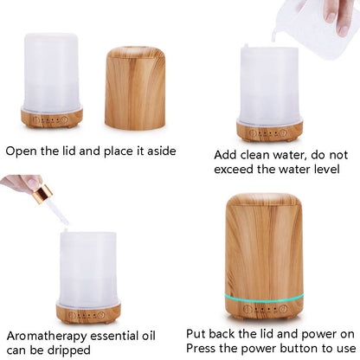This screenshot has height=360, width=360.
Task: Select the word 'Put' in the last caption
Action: pos(198,333)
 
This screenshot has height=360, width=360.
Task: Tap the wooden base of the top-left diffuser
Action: pos(52,118)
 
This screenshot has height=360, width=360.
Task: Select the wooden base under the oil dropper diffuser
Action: pos(87,312)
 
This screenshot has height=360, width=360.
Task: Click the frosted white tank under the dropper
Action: pos(87,264)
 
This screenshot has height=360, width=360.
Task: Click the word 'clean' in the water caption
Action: pos(265,155)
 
